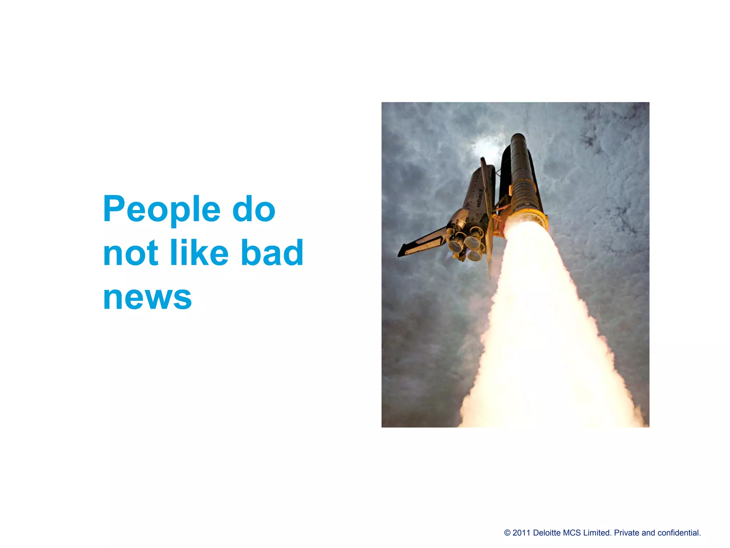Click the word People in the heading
161,209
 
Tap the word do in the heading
254,209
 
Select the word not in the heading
130,253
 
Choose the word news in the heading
147,297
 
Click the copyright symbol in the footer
507,533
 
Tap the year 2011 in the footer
521,533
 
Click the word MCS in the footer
572,533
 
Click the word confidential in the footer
679,533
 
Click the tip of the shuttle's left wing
400,254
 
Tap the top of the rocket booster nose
517,135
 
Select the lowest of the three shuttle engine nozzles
474,254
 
